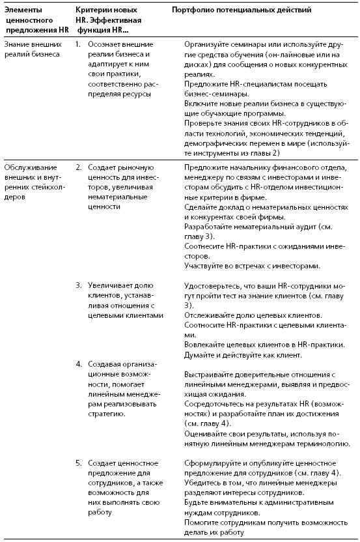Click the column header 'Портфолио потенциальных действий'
(x=241, y=10)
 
